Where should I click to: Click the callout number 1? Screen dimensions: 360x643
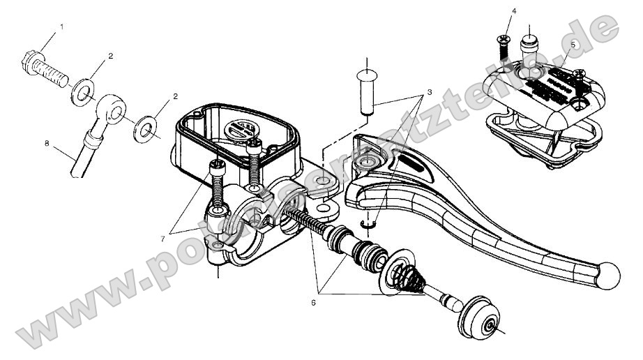click(x=61, y=27)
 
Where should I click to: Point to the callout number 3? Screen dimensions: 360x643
click(x=430, y=91)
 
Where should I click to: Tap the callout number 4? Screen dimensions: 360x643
click(x=514, y=12)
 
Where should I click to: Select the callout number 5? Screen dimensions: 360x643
click(x=573, y=43)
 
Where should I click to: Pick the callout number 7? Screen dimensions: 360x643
click(x=162, y=239)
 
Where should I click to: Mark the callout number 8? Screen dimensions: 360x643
click(x=47, y=144)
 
